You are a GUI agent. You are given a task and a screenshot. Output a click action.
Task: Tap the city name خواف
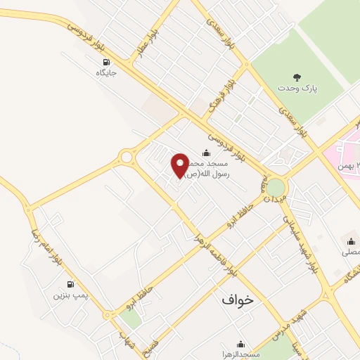(x=236, y=300)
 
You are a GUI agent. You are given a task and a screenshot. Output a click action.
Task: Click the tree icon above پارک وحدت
(x=296, y=77)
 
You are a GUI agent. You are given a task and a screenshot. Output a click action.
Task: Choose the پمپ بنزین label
(x=71, y=295)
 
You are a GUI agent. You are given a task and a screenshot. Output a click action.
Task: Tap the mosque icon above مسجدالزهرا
(x=241, y=344)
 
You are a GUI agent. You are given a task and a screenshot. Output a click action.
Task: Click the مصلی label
(x=349, y=251)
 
